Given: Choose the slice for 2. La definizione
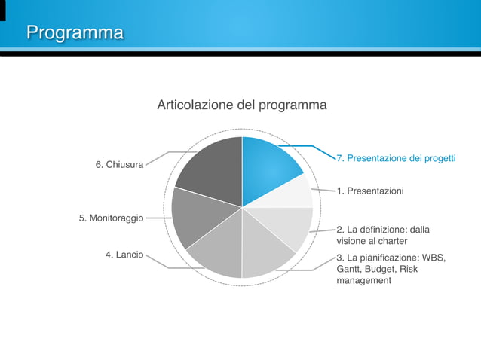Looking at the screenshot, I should (290, 226).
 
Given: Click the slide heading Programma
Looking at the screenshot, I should (75, 33).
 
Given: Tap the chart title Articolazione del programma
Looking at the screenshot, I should (241, 105).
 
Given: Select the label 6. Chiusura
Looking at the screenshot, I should (119, 165).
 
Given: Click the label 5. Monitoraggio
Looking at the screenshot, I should (111, 218).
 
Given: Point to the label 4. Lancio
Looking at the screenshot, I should (124, 255).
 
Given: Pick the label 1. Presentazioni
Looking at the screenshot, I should (369, 191).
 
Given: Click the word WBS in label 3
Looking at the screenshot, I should (434, 258).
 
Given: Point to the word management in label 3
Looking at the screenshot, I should (364, 280).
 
